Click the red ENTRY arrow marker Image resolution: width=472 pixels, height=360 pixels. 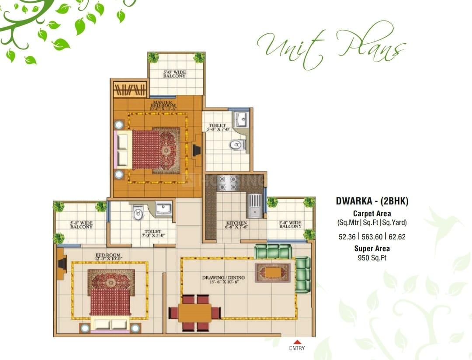coord(297,342)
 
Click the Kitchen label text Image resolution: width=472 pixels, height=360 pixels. coord(236,224)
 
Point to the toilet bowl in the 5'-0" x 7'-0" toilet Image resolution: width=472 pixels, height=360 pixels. coord(236,144)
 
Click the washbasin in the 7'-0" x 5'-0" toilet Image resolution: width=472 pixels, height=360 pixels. coord(163,208)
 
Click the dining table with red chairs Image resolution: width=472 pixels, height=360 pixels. coord(195,312)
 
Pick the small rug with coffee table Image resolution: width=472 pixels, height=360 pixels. coord(273,272)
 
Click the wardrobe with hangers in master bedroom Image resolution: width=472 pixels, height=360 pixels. coord(130,90)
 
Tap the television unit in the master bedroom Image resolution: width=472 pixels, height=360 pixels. coord(196,150)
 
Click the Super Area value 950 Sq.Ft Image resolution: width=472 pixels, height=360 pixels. coord(372,258)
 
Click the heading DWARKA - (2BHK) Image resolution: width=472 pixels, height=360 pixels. coord(372,201)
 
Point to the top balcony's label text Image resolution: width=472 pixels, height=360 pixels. coord(174,74)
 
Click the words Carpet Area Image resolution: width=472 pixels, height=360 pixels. coord(372,213)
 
